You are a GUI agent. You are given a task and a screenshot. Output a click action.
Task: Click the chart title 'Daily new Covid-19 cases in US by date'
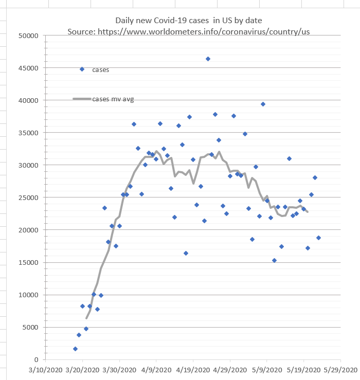188,21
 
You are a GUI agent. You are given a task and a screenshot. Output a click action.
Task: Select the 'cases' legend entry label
101,69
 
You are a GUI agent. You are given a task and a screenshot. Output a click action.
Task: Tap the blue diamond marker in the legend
82,69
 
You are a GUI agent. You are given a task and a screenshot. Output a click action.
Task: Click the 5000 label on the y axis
30,328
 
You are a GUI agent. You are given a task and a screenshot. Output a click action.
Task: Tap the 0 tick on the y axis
36,360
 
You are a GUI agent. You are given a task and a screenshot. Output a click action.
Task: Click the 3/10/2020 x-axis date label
46,370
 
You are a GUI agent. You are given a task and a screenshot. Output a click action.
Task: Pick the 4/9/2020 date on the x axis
156,370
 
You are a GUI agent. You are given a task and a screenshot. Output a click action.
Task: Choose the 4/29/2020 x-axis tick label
230,370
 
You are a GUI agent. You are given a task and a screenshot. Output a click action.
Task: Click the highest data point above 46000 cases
208,59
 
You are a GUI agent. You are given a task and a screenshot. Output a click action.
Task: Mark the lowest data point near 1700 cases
75,349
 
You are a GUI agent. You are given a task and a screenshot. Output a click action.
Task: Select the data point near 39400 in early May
263,104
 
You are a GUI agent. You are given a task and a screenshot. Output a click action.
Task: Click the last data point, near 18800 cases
318,238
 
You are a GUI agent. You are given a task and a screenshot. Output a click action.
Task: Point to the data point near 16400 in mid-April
186,253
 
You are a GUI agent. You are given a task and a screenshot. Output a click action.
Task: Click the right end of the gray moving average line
308,211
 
